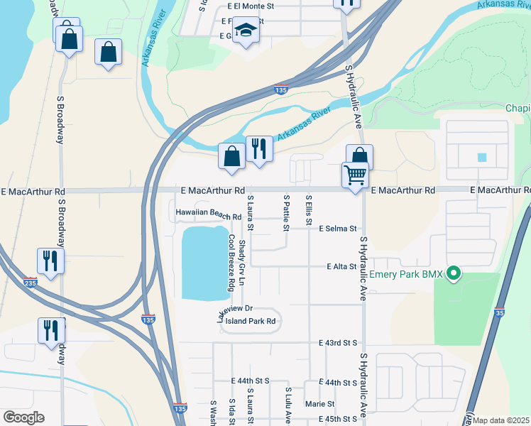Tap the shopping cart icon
click(355, 174)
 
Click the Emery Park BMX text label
click(405, 274)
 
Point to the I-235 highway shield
click(30, 282)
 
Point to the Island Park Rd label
click(250, 321)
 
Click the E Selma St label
click(336, 229)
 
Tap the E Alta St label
click(340, 266)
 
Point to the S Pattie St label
click(286, 213)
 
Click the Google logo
click(23, 417)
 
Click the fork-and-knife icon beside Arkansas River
click(259, 149)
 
